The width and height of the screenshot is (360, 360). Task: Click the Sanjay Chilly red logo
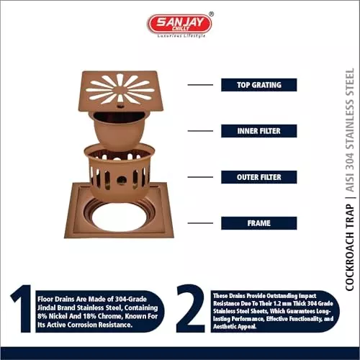click(x=179, y=24)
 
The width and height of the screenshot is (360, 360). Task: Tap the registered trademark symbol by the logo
click(x=211, y=14)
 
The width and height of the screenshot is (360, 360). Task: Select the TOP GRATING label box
click(x=259, y=85)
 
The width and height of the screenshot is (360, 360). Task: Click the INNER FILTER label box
click(x=259, y=131)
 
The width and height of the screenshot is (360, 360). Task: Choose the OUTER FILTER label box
click(x=259, y=177)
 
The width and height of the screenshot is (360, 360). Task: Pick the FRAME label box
click(x=259, y=223)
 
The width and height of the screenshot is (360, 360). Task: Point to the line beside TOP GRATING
click(x=200, y=85)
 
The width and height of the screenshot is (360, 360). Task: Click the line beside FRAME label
click(x=200, y=223)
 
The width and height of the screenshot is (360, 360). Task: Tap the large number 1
click(x=22, y=309)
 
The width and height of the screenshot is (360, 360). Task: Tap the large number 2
click(x=191, y=309)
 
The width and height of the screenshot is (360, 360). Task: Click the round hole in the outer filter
click(x=122, y=179)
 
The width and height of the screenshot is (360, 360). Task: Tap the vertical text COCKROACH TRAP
click(x=350, y=248)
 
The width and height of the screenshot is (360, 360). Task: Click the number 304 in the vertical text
click(x=350, y=160)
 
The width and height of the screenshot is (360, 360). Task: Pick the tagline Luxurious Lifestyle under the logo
click(x=181, y=36)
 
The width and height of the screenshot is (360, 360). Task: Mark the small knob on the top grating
click(x=120, y=105)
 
